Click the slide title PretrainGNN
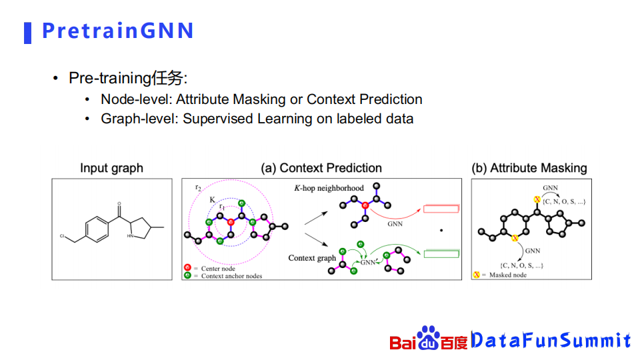pyautogui.click(x=117, y=31)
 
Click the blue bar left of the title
pyautogui.click(x=28, y=33)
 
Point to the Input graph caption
pyautogui.click(x=111, y=168)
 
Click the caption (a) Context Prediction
pyautogui.click(x=321, y=168)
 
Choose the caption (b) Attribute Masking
pyautogui.click(x=529, y=168)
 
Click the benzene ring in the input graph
pyautogui.click(x=97, y=229)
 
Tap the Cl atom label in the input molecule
pyautogui.click(x=62, y=236)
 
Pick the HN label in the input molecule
pyautogui.click(x=130, y=236)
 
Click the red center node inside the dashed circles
pyautogui.click(x=231, y=222)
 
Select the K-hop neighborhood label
pyautogui.click(x=329, y=188)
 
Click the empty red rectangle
pyautogui.click(x=441, y=209)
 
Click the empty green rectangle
pyautogui.click(x=441, y=254)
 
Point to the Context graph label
pyautogui.click(x=312, y=258)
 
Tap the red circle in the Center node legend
pyautogui.click(x=187, y=268)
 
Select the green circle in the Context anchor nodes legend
pyautogui.click(x=187, y=275)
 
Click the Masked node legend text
pyautogui.click(x=508, y=275)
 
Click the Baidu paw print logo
pyautogui.click(x=428, y=338)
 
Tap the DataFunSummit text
pyautogui.click(x=551, y=340)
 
